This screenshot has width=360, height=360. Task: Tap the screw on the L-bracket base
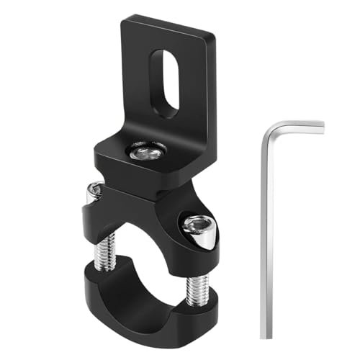pos(146,151)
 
